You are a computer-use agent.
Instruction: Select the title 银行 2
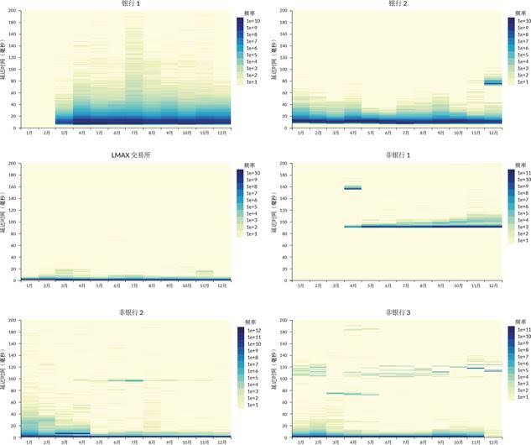pyautogui.click(x=395, y=4)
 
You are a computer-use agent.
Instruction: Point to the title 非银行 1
pyautogui.click(x=395, y=155)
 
